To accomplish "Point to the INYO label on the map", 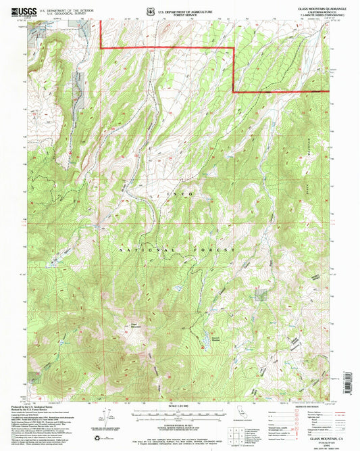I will (x=180, y=195).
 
